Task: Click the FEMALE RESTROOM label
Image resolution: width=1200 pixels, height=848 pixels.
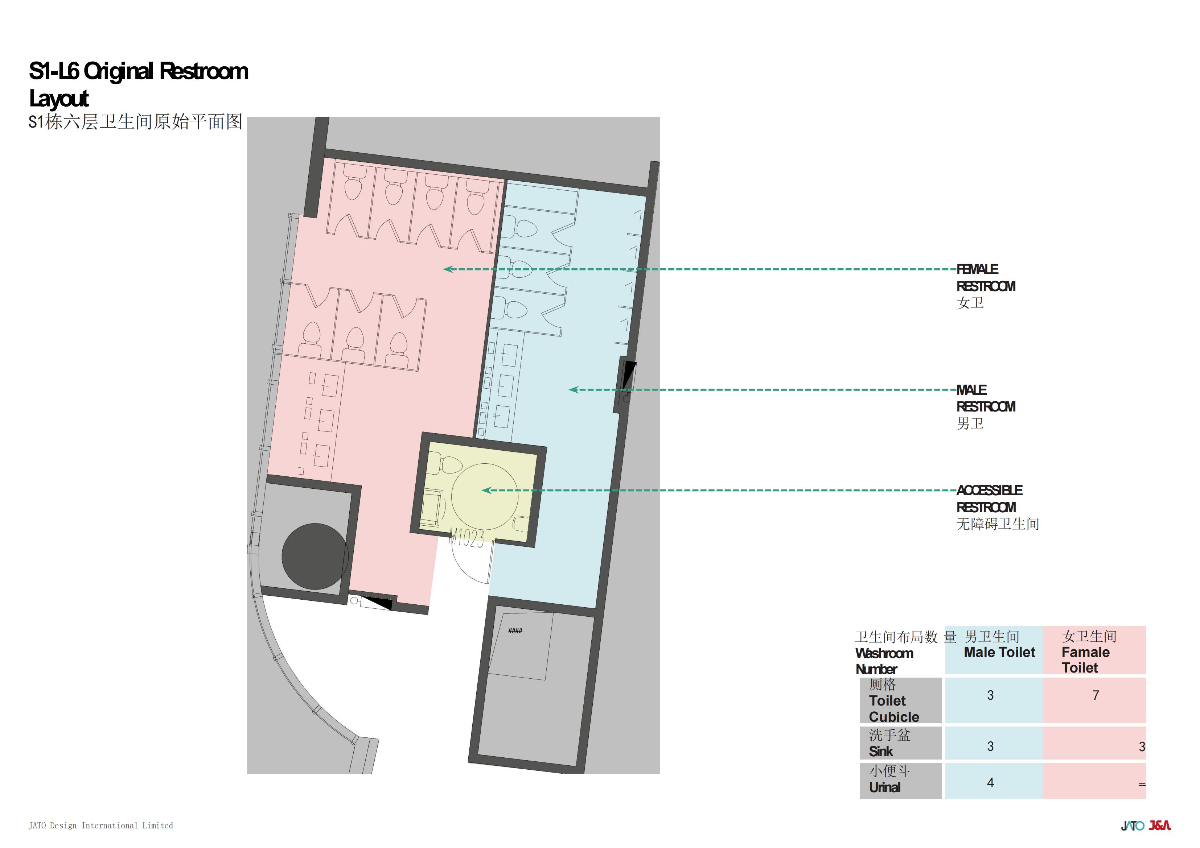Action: (986, 286)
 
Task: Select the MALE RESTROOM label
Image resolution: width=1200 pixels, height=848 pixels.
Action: (986, 406)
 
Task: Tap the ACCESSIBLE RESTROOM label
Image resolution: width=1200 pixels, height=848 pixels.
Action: (998, 507)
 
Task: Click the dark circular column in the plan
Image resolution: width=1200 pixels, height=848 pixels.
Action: (315, 557)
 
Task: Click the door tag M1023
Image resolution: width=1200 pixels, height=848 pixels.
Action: (467, 538)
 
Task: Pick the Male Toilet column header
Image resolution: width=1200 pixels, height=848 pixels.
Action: (999, 644)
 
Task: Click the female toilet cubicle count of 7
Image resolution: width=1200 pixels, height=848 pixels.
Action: (1096, 695)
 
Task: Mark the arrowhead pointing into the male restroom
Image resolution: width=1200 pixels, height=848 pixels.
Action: (574, 390)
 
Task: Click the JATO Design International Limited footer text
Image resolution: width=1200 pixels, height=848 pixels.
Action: (100, 826)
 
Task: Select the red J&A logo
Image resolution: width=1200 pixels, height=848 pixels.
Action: (1159, 826)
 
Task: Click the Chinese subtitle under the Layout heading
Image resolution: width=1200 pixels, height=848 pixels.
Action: (135, 122)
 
